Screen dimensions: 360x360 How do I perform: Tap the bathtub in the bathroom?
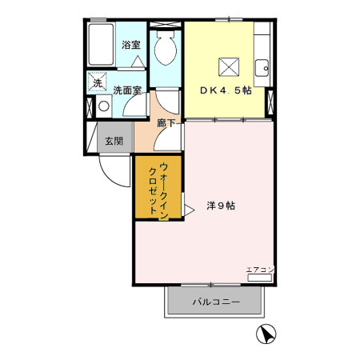tap(102, 47)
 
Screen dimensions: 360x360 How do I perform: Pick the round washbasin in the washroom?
tap(102, 105)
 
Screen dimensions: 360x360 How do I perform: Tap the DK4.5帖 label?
tap(222, 90)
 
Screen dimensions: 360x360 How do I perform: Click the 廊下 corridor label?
tap(166, 124)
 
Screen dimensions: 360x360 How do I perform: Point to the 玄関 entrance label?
tap(114, 141)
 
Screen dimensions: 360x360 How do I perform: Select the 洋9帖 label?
tap(221, 206)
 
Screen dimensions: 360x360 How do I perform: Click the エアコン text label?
tap(259, 268)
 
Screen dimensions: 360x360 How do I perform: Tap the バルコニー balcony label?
tap(214, 302)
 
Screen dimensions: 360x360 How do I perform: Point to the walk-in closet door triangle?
tap(189, 210)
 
